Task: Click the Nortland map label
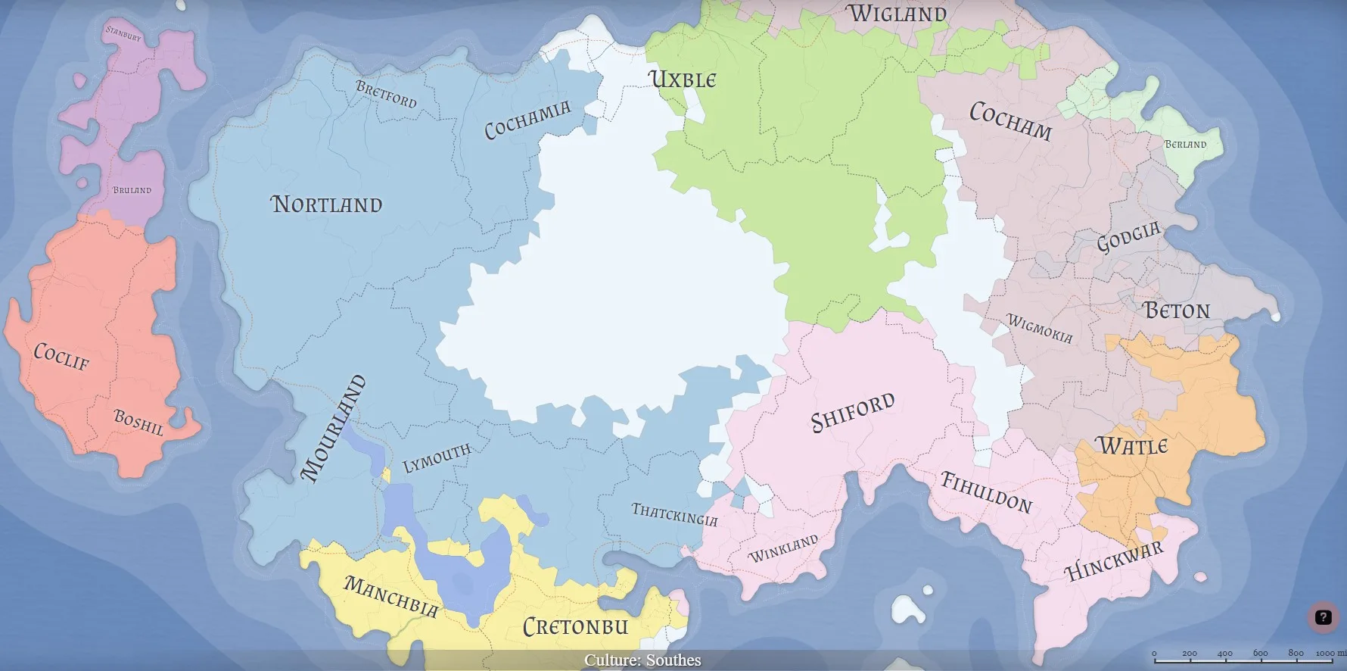click(327, 204)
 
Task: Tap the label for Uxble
click(682, 80)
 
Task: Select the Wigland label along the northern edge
click(897, 14)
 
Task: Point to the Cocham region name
click(1010, 122)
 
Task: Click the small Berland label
click(1185, 144)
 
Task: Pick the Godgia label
click(1128, 238)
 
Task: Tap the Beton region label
click(1177, 311)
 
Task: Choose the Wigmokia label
click(1039, 329)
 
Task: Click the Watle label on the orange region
click(1132, 445)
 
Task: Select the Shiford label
click(852, 412)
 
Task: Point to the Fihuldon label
click(986, 492)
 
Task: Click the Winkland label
click(783, 548)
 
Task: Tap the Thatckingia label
click(674, 514)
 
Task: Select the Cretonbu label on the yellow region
click(576, 626)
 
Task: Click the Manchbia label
click(390, 597)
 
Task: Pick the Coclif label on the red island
click(61, 356)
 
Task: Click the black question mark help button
click(1323, 616)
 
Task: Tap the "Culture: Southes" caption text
click(642, 660)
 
